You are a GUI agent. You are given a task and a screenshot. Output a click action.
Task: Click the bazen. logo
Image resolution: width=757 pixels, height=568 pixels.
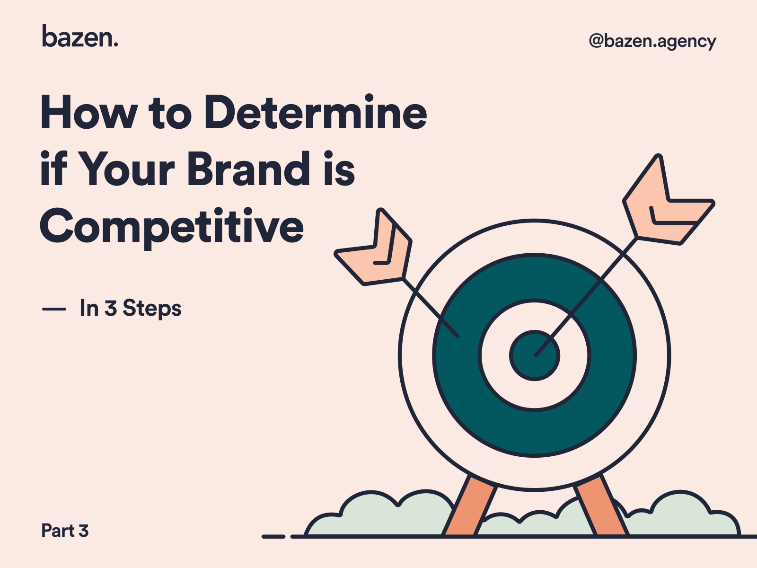(x=80, y=36)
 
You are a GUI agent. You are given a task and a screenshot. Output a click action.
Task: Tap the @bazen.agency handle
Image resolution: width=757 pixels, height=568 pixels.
(x=652, y=42)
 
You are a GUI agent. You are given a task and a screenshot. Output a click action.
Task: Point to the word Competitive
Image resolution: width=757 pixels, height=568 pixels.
(x=172, y=226)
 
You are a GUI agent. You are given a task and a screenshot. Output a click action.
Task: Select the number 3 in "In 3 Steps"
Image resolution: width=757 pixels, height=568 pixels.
(x=111, y=309)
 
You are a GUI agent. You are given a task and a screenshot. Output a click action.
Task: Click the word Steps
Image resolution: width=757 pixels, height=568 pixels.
(x=152, y=309)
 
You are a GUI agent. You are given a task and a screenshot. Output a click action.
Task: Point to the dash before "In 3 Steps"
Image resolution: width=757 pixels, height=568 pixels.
(x=54, y=310)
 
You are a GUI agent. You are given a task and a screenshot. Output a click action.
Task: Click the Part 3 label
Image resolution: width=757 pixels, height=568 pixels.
(x=65, y=531)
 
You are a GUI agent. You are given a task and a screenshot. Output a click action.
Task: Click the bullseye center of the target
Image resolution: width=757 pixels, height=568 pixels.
(x=534, y=355)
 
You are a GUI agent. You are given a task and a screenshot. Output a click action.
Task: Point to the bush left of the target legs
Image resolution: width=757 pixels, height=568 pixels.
(x=378, y=516)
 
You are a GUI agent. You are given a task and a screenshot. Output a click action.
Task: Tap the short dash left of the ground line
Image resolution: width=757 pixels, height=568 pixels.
(x=273, y=536)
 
